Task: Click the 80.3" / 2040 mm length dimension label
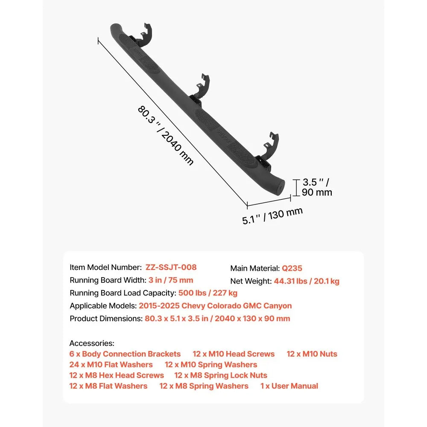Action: pos(166,135)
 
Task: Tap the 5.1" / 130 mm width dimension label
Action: pos(272,216)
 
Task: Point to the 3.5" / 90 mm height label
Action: pos(317,187)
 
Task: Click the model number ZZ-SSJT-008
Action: pos(171,267)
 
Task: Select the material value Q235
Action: pos(292,268)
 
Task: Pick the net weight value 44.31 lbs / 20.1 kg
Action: pos(307,281)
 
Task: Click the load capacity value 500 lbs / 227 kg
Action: pos(208,293)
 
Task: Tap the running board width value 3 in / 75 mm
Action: pos(171,280)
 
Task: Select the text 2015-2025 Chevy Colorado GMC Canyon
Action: pos(215,306)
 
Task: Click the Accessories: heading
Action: pos(92,343)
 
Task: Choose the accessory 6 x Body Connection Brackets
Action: pos(125,354)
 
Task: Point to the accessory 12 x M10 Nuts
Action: pos(312,354)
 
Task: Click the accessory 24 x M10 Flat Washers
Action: pos(111,364)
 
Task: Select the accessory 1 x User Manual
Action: pos(289,386)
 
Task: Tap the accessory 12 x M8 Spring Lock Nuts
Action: pos(221,375)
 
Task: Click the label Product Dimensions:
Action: pos(106,319)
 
